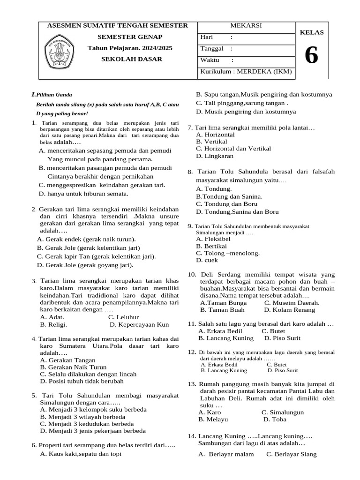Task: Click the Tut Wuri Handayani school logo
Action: coord(59,49)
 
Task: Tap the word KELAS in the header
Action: coord(312,32)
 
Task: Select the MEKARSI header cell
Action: coord(246,25)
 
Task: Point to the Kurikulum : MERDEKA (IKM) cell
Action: coord(246,72)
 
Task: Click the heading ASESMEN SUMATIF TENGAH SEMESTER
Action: coord(117,25)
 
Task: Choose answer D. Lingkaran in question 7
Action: coord(215,156)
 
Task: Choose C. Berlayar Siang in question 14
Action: coord(291,454)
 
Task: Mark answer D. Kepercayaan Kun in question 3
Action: coord(139,324)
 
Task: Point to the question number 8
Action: coord(190,172)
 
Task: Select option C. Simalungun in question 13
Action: coord(283,412)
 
